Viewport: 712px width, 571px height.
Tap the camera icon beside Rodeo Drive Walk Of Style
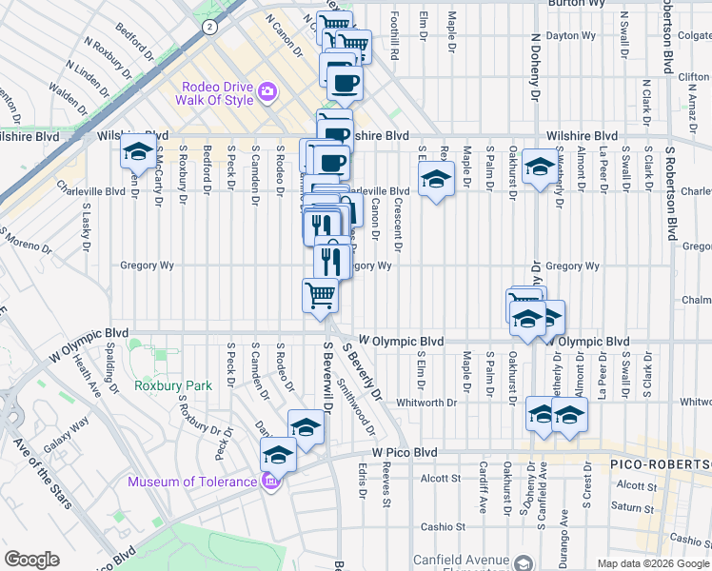tap(267, 91)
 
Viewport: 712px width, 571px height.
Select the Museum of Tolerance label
tap(194, 481)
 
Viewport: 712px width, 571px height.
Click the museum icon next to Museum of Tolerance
tap(271, 481)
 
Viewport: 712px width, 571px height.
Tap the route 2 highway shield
tap(208, 28)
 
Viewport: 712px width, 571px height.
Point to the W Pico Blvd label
tap(404, 452)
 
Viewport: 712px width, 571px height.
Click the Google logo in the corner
tap(31, 560)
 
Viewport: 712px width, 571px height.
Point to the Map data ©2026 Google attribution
tap(652, 563)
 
